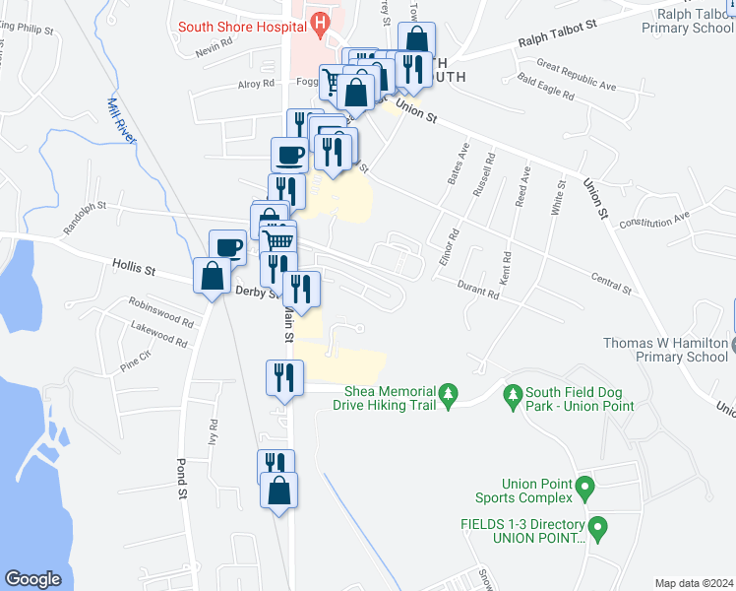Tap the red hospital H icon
[319, 20]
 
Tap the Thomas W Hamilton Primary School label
[668, 350]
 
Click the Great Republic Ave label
[576, 78]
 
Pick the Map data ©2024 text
[694, 583]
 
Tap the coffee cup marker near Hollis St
[228, 246]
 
